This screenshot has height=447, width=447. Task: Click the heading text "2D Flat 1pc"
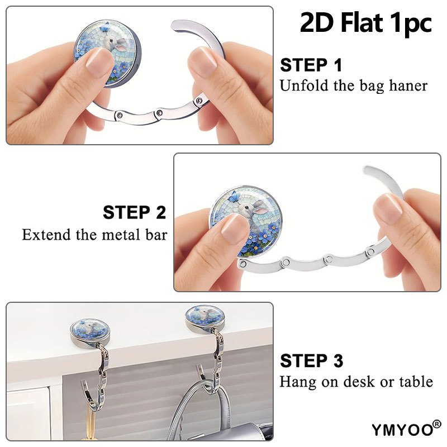(366, 23)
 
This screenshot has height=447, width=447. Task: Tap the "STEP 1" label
(311, 65)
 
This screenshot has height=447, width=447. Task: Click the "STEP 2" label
(134, 212)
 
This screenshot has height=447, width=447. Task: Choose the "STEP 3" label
(312, 360)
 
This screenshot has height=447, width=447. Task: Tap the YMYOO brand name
(402, 430)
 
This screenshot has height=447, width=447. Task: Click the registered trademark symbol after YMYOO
(437, 424)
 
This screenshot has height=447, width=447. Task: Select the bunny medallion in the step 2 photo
(245, 221)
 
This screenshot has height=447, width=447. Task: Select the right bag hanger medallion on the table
(205, 318)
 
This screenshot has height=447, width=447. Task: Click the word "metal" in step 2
(121, 235)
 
